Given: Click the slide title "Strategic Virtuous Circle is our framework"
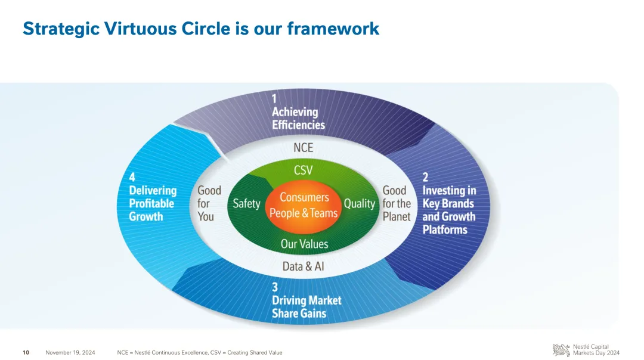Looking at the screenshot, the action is tap(201, 29).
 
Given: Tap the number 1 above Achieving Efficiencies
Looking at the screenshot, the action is tap(274, 98).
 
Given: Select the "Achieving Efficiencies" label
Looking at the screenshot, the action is tap(298, 118).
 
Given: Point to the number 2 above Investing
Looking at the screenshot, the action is tap(426, 177).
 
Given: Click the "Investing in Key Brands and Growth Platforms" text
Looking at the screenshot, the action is tap(450, 210).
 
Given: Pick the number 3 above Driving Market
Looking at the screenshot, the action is tap(275, 287).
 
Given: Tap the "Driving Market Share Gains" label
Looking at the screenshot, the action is tap(306, 306).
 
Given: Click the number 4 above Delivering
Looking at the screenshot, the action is tap(132, 177).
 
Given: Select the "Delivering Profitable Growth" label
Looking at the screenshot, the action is tap(153, 203).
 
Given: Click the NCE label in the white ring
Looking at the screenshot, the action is tap(303, 147).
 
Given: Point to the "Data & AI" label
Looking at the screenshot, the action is tap(303, 266).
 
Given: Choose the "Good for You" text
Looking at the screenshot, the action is tap(209, 203).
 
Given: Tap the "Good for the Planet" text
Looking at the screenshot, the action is tap(397, 203).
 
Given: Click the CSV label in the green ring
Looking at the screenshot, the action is tap(303, 170).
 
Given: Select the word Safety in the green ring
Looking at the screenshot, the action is tap(246, 204).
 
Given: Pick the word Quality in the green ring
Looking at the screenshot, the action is tap(360, 204).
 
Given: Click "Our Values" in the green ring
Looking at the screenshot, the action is tap(304, 244).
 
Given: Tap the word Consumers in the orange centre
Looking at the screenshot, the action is tap(304, 197).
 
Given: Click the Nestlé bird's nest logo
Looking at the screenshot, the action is tap(561, 350).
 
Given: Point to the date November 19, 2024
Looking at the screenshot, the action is tap(70, 353).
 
